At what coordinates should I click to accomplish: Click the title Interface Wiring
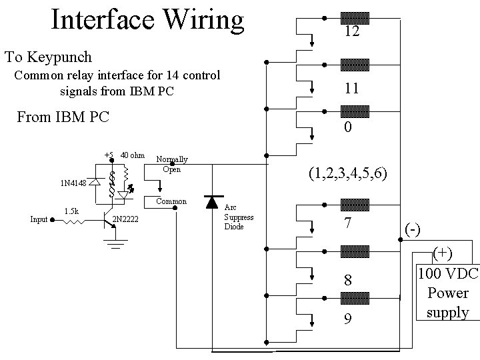(147, 20)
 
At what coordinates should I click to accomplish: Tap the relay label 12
(352, 31)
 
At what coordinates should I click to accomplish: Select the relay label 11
(352, 87)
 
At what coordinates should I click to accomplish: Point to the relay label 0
(347, 127)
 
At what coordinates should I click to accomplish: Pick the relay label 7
(347, 223)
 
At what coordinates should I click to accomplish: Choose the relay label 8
(347, 279)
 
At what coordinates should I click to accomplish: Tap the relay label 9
(347, 319)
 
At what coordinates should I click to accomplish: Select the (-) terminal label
(413, 229)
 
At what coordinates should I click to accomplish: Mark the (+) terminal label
(441, 253)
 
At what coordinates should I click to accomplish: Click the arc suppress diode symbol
(213, 201)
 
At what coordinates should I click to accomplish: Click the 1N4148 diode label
(73, 183)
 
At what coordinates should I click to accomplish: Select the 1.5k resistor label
(71, 211)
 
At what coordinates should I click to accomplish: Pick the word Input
(39, 219)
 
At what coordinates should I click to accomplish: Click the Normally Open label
(171, 164)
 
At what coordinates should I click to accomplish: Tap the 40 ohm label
(132, 155)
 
